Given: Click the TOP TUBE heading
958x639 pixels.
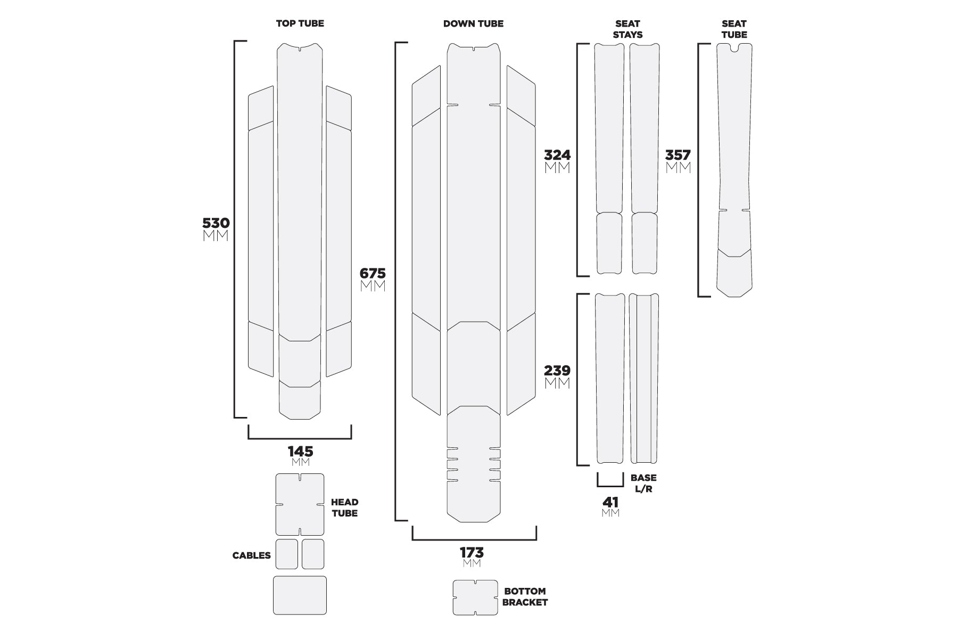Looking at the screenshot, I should click(x=300, y=23).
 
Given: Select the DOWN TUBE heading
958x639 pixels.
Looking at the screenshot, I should click(x=473, y=23).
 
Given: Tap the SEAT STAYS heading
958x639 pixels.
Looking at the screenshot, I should click(x=627, y=29).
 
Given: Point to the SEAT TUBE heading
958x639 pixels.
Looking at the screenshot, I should click(x=734, y=29).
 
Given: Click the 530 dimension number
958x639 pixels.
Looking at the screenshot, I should click(x=216, y=223).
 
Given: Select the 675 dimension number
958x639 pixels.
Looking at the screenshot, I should click(x=373, y=274).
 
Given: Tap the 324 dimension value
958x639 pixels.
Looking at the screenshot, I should click(x=557, y=155).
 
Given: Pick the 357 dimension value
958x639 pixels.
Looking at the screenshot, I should click(x=678, y=155).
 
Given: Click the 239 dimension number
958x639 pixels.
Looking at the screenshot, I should click(x=557, y=370).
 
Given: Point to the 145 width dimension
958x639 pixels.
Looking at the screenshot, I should click(x=300, y=452).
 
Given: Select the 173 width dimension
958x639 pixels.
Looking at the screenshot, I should click(x=472, y=552).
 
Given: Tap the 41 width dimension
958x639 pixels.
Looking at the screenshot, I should click(x=610, y=502).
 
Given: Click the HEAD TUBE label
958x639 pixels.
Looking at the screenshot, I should click(x=344, y=507).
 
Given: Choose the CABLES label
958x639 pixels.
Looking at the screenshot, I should click(x=251, y=555).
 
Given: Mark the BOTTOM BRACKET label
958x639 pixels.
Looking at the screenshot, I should click(x=525, y=596).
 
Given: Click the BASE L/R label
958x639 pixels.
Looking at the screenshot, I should click(x=643, y=483).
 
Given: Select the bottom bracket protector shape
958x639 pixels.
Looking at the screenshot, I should click(x=475, y=597).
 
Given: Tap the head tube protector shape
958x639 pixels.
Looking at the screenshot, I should click(x=300, y=504).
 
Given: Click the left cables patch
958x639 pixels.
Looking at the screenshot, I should click(x=286, y=554).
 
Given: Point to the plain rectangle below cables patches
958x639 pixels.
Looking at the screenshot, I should click(x=300, y=595).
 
